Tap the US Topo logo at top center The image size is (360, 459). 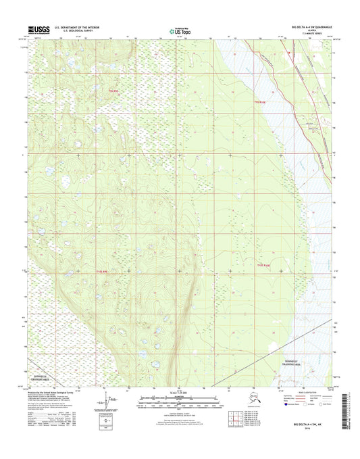click(179, 30)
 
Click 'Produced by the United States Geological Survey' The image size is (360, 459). click(57, 390)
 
